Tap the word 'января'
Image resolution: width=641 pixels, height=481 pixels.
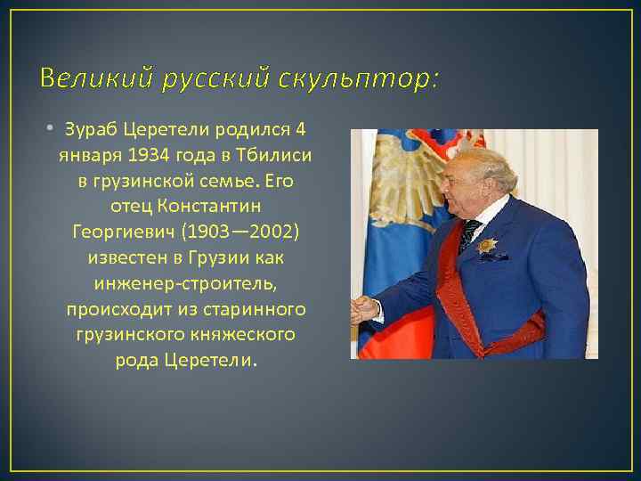[x=85, y=156]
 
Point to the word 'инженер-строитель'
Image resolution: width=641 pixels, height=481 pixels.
[x=185, y=284]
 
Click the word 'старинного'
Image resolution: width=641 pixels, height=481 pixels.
[x=256, y=310]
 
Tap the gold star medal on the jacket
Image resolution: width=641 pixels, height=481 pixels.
[x=488, y=245]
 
